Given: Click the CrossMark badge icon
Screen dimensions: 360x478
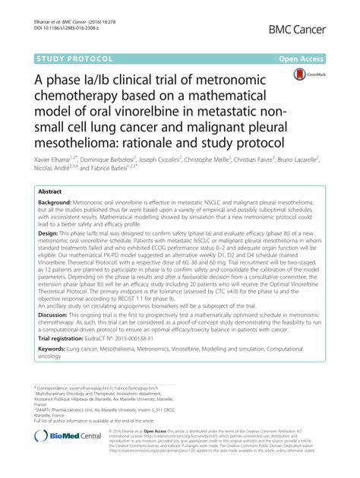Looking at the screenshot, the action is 307,77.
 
